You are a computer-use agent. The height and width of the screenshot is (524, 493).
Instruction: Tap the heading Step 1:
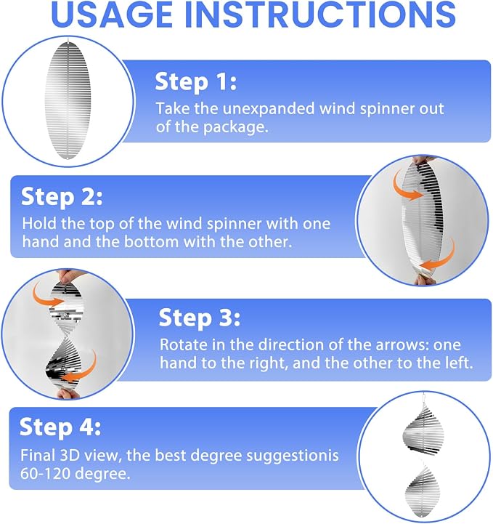(x=196, y=82)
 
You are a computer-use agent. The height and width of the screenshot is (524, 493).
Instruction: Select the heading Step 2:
(x=62, y=197)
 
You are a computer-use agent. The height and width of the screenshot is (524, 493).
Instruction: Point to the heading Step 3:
(x=200, y=318)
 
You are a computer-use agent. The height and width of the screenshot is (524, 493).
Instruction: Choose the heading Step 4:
(x=60, y=427)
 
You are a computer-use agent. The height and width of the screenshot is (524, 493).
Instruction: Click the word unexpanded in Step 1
(x=269, y=109)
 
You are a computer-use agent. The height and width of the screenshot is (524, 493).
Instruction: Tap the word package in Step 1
(x=236, y=128)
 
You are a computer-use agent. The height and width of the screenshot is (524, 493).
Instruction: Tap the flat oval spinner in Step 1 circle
(x=68, y=100)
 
